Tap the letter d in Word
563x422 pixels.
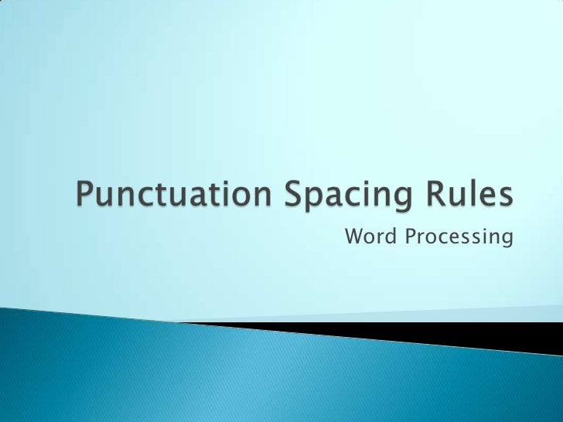pyautogui.click(x=387, y=237)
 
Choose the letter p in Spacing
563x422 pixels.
pyautogui.click(x=322, y=202)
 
